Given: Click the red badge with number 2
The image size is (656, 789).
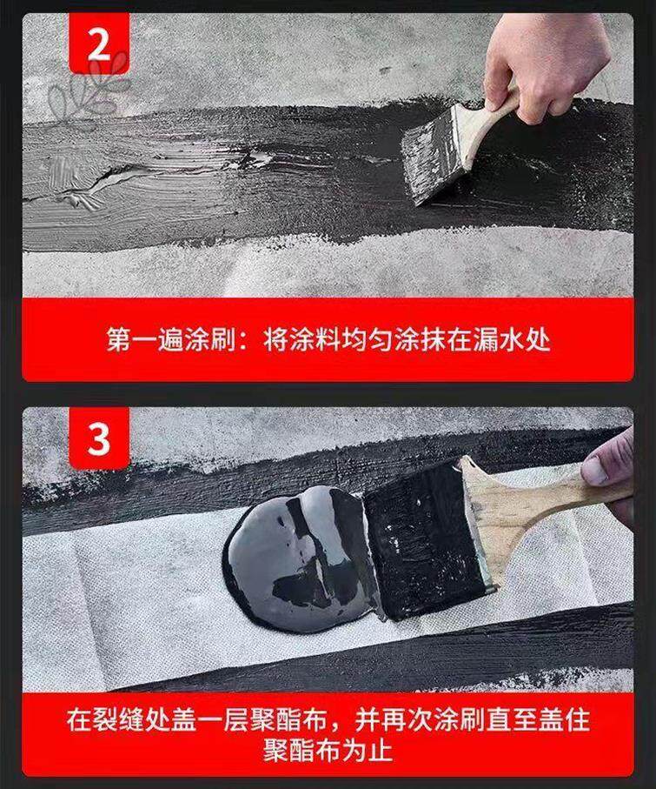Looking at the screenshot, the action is point(99,43).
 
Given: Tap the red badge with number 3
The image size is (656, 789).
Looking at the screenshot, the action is point(99,438).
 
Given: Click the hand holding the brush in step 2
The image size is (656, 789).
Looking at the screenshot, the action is point(545,64).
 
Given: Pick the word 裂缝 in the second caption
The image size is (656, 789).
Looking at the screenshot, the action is point(118,719).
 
